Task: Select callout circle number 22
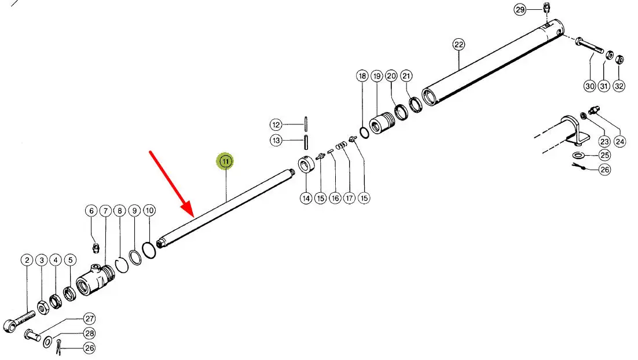click(459, 44)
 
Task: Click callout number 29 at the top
click(519, 9)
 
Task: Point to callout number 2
click(27, 260)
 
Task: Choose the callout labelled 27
click(89, 318)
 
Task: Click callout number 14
click(306, 198)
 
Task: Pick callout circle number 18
click(362, 76)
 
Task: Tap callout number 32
click(618, 86)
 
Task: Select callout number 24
click(620, 141)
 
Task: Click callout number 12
click(276, 124)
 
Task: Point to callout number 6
click(91, 211)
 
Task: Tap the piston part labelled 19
click(382, 123)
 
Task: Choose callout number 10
click(149, 211)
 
